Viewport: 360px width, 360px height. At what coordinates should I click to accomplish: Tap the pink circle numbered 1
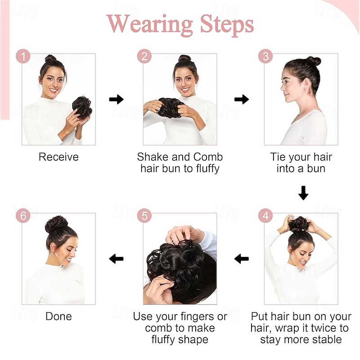[x=23, y=57]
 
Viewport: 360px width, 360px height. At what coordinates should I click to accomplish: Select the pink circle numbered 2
[x=144, y=57]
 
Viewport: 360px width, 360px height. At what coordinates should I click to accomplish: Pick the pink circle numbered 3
[x=265, y=57]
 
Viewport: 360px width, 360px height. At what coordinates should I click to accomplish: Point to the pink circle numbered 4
[x=265, y=216]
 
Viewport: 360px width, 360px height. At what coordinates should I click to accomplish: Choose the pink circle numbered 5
[x=144, y=216]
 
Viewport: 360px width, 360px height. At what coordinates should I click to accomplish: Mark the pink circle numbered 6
[x=23, y=216]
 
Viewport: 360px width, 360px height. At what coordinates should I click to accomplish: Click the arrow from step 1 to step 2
[x=116, y=99]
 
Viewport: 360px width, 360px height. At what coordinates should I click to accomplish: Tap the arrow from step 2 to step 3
[x=242, y=99]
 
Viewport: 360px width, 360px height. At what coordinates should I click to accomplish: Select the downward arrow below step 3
[x=303, y=193]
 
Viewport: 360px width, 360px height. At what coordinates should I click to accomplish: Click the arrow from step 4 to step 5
[x=242, y=258]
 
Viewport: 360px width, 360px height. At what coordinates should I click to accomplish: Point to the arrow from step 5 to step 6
[x=116, y=258]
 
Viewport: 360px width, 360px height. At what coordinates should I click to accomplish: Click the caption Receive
[x=58, y=157]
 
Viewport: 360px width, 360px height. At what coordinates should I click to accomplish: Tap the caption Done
[x=58, y=316]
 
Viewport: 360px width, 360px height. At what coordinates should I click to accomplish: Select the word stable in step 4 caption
[x=326, y=340]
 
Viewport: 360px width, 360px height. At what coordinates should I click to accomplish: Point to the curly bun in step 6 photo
[x=57, y=223]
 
